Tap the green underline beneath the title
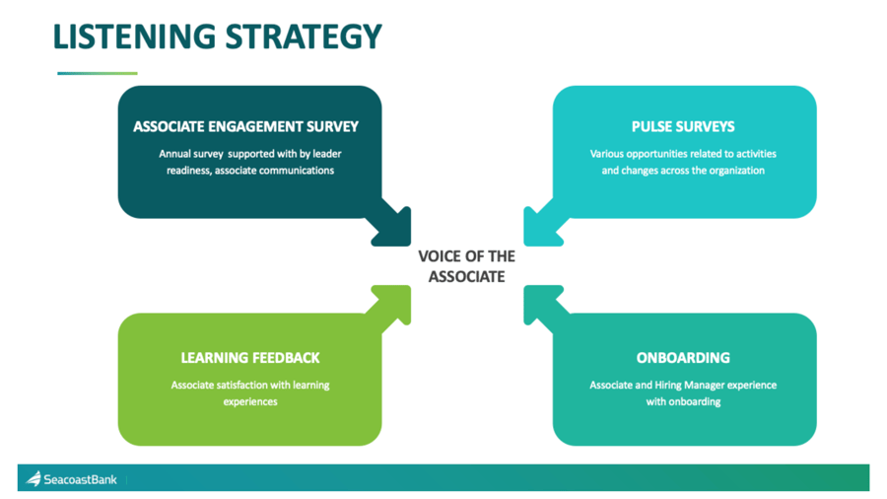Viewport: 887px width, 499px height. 97,73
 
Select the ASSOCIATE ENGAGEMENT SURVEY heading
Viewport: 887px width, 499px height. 245,127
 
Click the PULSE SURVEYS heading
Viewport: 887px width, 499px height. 683,127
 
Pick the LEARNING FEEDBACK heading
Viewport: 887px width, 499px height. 249,358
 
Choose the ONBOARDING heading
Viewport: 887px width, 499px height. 683,358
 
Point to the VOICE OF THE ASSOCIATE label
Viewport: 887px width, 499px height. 466,266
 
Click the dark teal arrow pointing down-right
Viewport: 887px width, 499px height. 391,226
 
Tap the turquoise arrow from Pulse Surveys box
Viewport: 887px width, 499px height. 542,226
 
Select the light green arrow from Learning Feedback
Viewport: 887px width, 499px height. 391,304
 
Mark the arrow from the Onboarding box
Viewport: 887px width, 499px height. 542,304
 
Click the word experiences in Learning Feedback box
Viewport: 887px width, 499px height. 249,401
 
